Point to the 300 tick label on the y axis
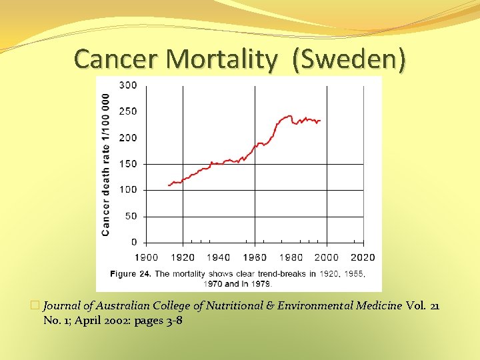tap(128, 85)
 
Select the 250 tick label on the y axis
tap(128, 111)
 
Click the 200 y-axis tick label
tap(128, 137)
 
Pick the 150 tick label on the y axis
tap(128, 164)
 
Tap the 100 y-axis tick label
tap(128, 190)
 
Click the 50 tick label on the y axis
tap(131, 216)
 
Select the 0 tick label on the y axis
tap(134, 242)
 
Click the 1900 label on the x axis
tap(147, 257)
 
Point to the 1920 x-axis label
tap(183, 257)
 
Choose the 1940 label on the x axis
tap(219, 257)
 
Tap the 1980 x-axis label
tap(291, 257)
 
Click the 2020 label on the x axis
tap(363, 257)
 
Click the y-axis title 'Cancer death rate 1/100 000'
tap(105, 163)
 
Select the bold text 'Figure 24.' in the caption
tap(132, 274)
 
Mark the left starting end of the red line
tap(168, 185)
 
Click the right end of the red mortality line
tap(321, 121)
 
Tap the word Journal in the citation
tap(64, 305)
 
